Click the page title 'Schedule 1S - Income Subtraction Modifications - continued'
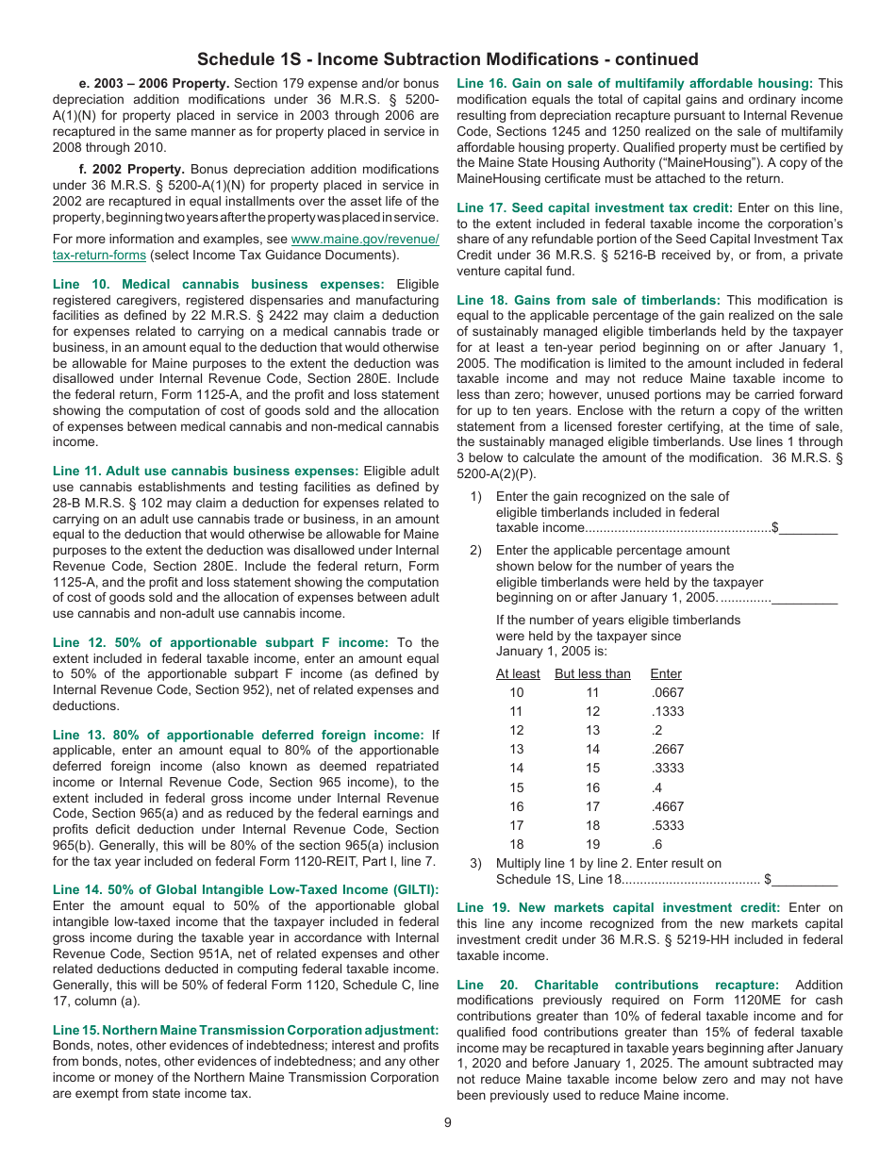click(x=448, y=59)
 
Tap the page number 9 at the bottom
click(x=448, y=1122)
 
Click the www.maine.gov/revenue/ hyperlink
click(x=365, y=240)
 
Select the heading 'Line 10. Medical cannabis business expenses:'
click(x=219, y=284)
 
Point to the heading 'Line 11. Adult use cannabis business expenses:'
click(x=206, y=471)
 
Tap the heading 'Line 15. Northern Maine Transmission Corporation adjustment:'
click(x=246, y=1030)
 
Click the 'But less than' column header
click(x=592, y=673)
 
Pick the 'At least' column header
click(x=518, y=673)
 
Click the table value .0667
click(x=668, y=692)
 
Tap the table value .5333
click(x=668, y=825)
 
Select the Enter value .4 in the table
click(x=656, y=787)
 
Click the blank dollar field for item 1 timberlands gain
click(x=808, y=527)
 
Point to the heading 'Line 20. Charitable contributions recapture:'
click(x=618, y=985)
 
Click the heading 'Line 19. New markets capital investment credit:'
click(x=618, y=907)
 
